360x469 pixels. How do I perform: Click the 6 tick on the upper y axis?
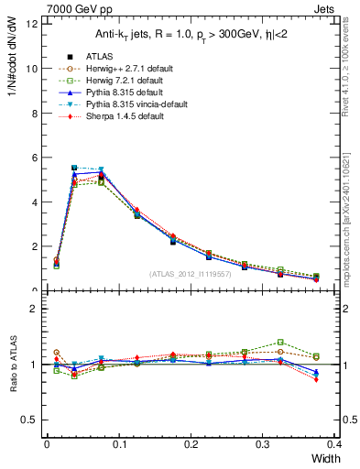pyautogui.click(x=33, y=158)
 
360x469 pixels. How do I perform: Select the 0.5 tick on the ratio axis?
pyautogui.click(x=28, y=420)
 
